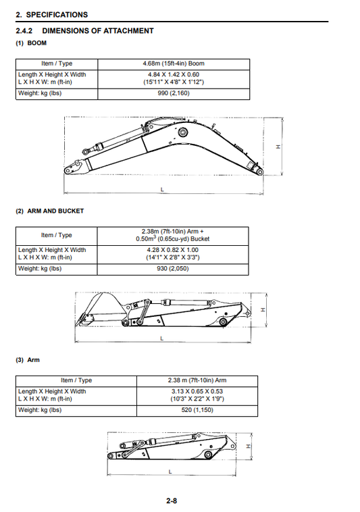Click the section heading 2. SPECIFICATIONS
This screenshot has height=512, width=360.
51,14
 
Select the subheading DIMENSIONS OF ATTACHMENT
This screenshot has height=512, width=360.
97,31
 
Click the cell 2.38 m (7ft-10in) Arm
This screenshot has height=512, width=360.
197,380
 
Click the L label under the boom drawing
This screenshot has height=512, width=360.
162,190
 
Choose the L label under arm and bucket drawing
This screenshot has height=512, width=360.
161,338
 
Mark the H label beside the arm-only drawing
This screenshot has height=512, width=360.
249,446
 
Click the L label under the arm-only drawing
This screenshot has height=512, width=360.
169,471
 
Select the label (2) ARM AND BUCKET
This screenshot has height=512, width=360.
49,211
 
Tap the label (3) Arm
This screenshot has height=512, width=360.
28,360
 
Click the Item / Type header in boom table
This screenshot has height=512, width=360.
57,63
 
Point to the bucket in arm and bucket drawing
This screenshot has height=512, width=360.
98,309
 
